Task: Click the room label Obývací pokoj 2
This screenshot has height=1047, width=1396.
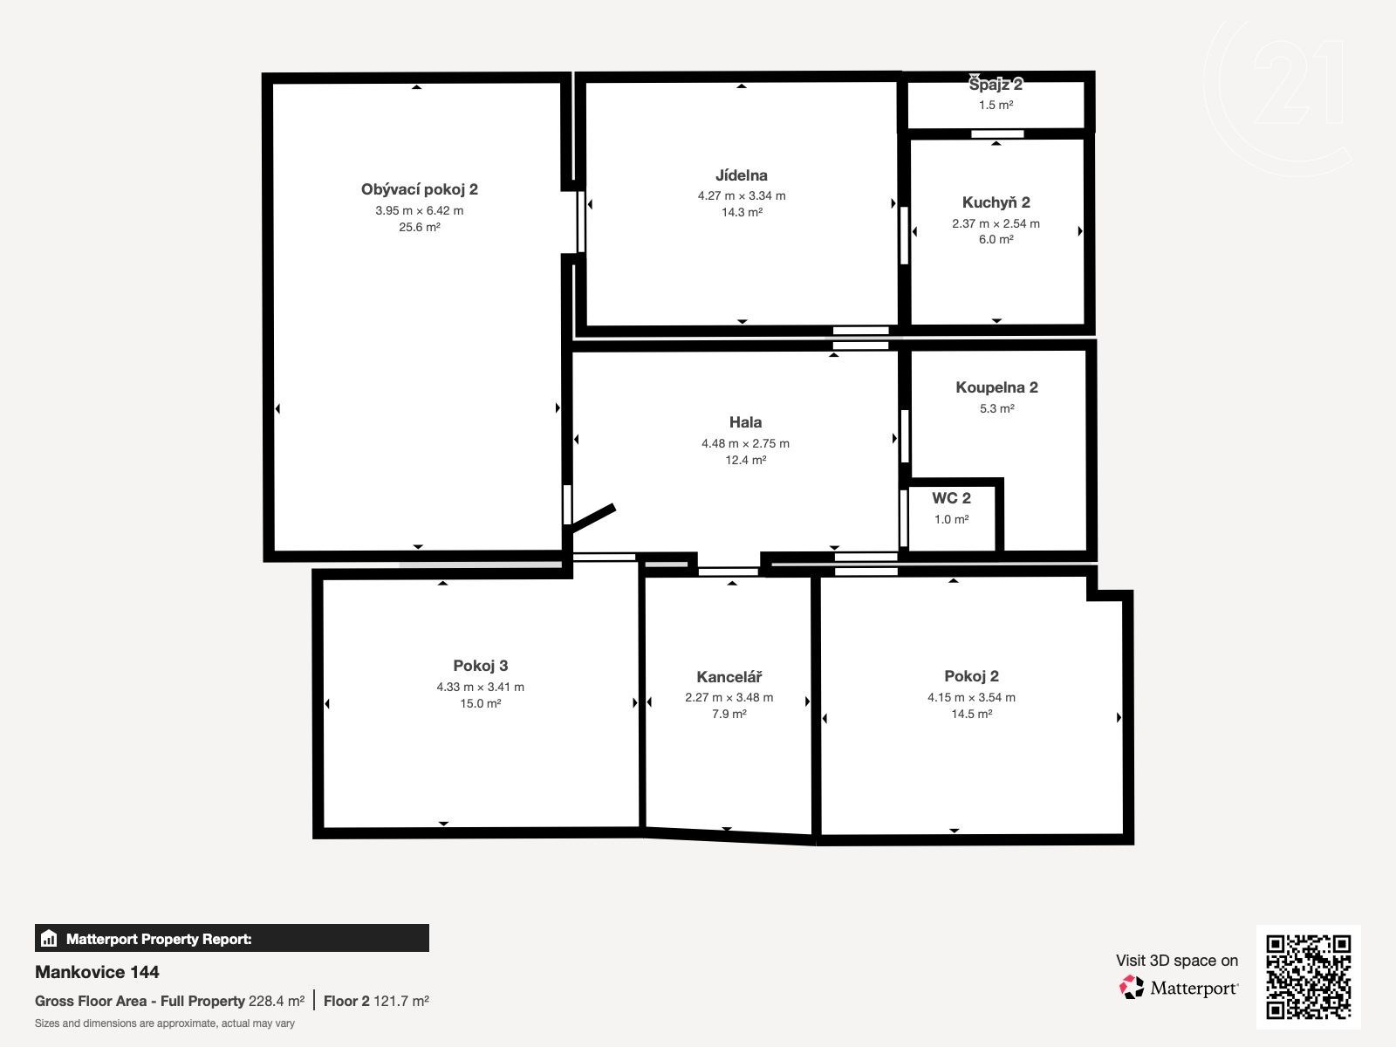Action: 419,189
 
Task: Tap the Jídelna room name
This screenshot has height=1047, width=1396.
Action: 741,175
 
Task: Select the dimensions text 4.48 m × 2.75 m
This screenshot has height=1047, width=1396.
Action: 745,444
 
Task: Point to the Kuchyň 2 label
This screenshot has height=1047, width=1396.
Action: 996,202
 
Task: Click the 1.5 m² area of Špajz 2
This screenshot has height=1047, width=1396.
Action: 996,105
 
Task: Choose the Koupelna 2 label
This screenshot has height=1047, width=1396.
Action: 996,387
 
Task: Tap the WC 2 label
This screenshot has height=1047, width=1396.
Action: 951,498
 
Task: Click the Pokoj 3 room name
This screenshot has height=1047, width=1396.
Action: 480,666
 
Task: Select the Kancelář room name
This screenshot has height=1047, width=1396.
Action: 729,677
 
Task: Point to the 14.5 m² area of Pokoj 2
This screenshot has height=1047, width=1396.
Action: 971,714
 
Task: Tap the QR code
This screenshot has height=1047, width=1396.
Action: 1308,977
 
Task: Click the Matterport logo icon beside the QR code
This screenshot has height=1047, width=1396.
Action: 1132,988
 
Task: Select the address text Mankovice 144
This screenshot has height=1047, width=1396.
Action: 97,972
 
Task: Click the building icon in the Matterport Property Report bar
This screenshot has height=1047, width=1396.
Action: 49,938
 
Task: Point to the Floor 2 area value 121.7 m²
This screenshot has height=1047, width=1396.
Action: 400,1002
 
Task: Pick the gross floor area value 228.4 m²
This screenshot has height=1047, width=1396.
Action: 276,1002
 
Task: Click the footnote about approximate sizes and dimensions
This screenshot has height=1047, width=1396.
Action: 165,1023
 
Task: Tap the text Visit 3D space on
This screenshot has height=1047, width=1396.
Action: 1177,961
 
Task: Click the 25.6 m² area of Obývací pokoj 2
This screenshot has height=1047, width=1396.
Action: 419,227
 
